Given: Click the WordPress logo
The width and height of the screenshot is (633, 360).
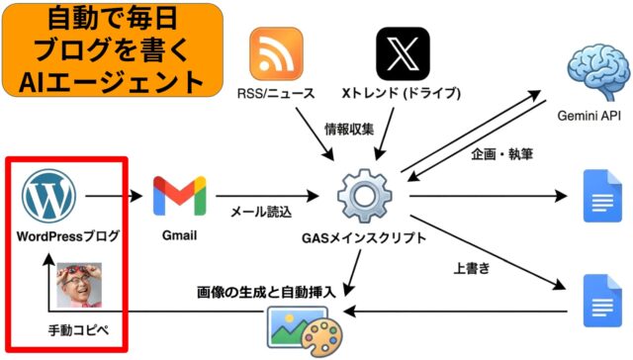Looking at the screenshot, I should (x=50, y=197).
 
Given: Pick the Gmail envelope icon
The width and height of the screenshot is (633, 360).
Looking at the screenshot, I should (x=179, y=197).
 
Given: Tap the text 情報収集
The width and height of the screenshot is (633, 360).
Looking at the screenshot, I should (x=349, y=130).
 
